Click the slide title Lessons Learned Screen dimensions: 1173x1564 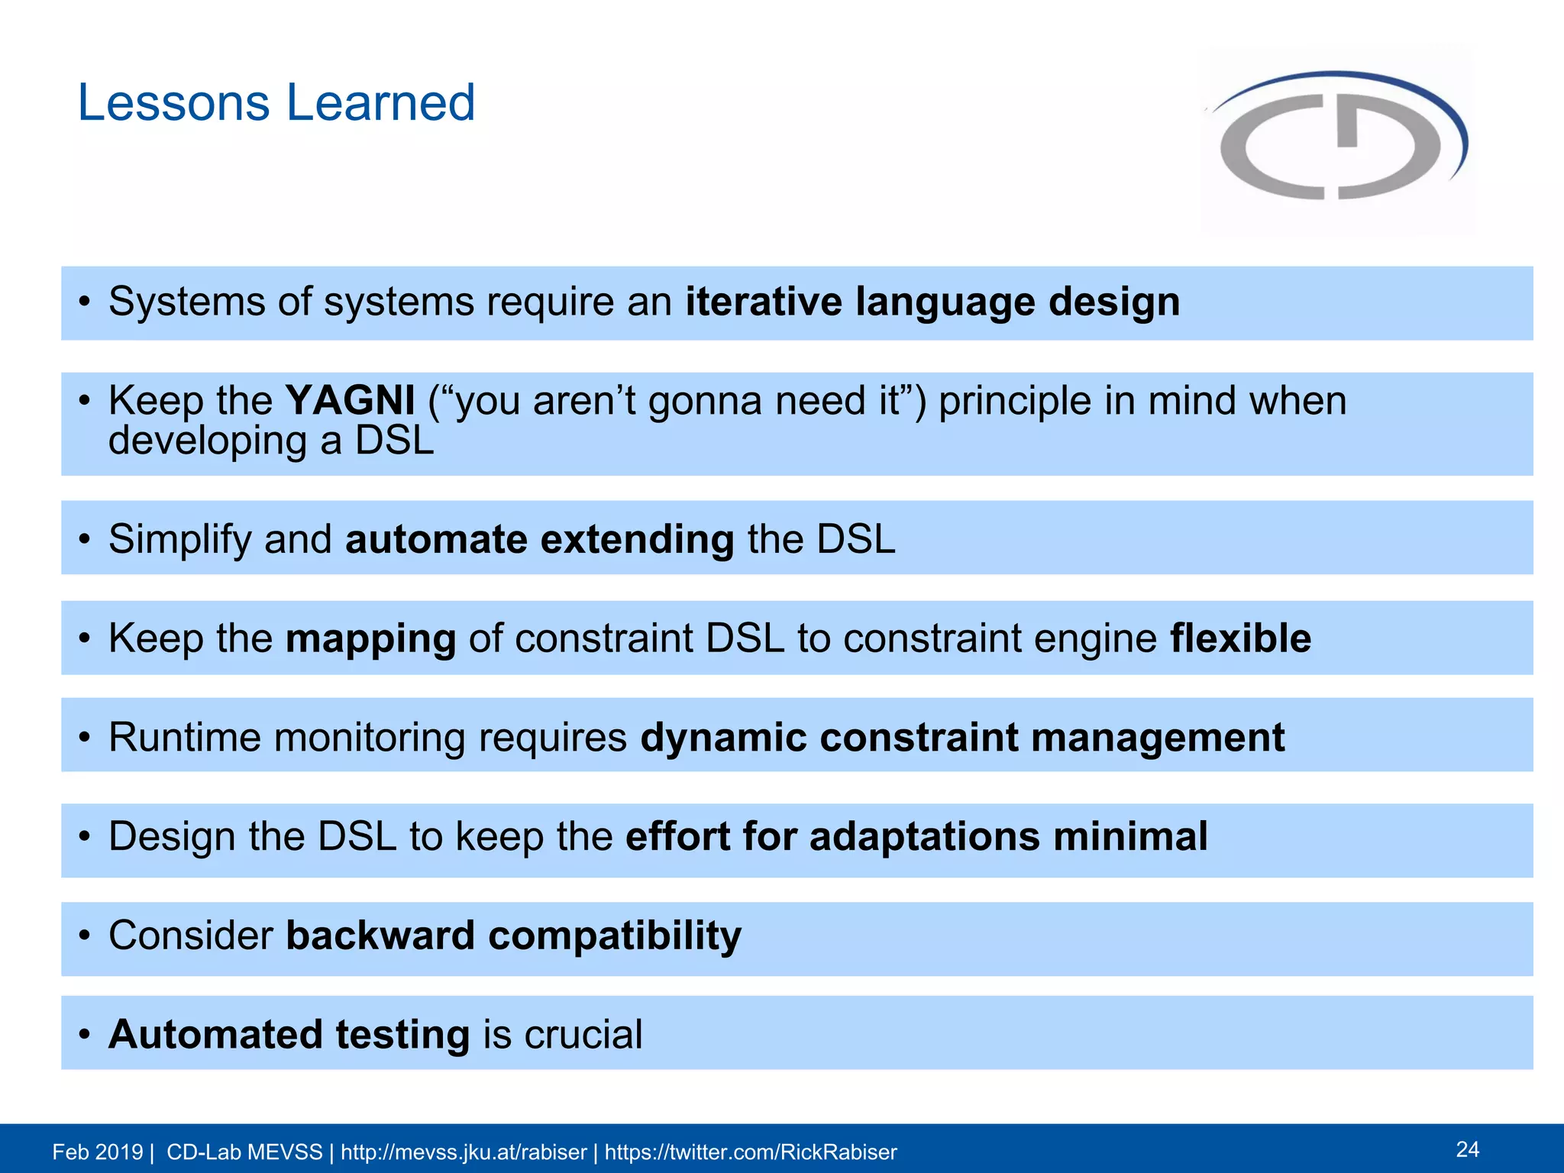pos(276,103)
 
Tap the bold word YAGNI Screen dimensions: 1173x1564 pos(350,400)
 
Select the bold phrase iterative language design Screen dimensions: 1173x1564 pos(932,302)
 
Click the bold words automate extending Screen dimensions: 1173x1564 pos(539,539)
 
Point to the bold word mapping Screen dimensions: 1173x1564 pos(370,639)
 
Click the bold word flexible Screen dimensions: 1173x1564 pos(1240,638)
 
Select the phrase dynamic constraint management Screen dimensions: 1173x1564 pos(962,738)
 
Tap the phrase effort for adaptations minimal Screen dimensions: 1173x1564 pos(916,836)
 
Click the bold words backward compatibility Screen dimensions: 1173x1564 pos(513,935)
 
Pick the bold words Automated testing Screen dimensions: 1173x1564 pos(289,1035)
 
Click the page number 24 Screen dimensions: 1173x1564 pos(1467,1149)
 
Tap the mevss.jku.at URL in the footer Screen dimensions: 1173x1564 pos(464,1152)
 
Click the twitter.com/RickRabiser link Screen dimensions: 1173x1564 pos(751,1152)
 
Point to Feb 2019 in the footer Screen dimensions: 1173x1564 pos(97,1152)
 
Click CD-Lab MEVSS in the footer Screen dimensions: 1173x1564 pos(244,1152)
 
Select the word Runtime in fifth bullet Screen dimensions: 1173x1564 pos(184,738)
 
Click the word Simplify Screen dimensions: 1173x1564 pos(179,541)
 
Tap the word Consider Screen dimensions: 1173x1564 pos(191,935)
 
